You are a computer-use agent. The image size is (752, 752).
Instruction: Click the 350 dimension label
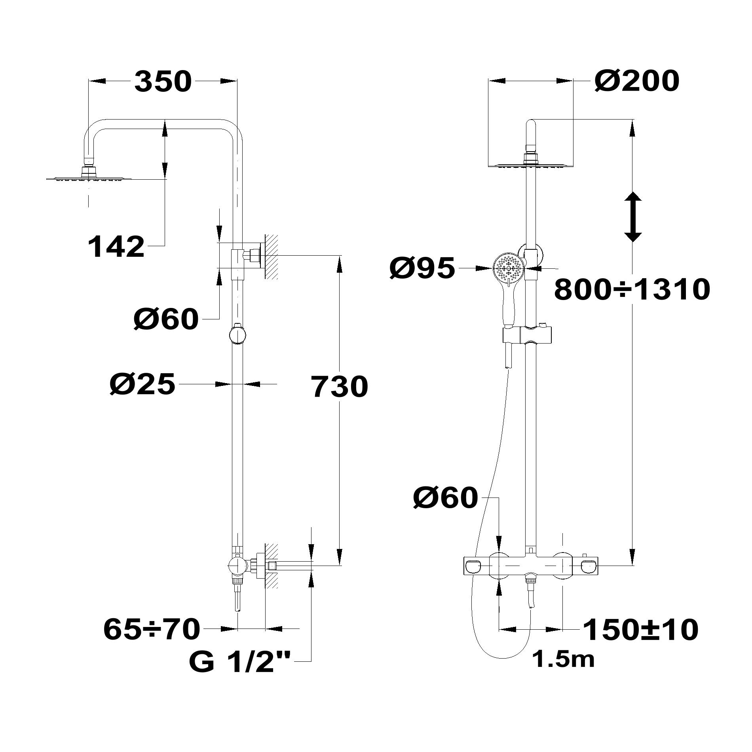(x=163, y=82)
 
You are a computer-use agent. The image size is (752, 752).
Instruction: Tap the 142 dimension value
(x=116, y=247)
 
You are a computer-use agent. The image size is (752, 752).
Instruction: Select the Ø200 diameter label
(x=637, y=81)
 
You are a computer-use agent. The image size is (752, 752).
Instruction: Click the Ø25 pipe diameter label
(x=142, y=384)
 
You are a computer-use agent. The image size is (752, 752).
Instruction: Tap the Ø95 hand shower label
(x=423, y=268)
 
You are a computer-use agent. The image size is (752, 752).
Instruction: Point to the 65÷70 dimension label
(x=152, y=629)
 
